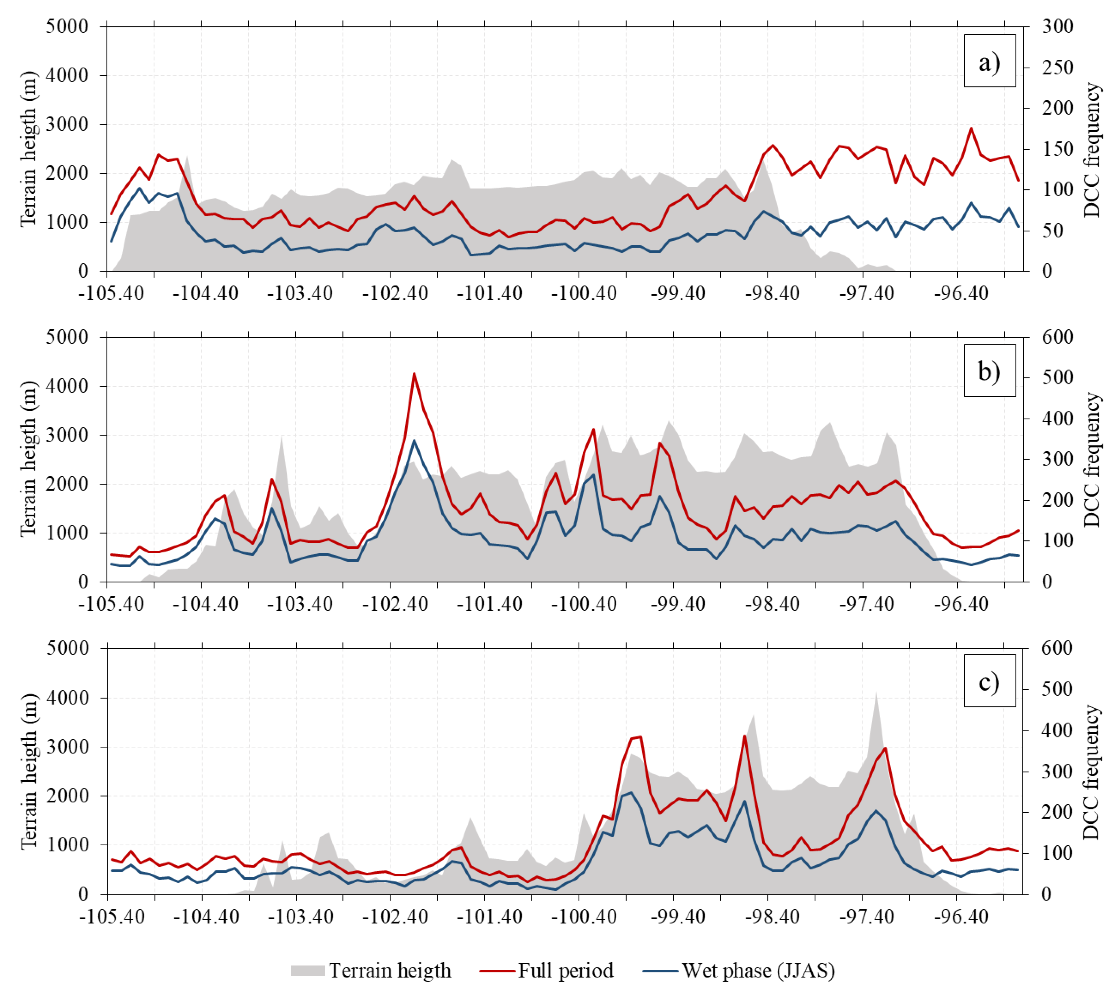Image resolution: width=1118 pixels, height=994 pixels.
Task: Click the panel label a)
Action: click(x=989, y=62)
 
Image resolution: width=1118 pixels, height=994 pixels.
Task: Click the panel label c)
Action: click(x=989, y=682)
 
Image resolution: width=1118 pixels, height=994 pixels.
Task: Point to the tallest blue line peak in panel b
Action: click(x=414, y=440)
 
